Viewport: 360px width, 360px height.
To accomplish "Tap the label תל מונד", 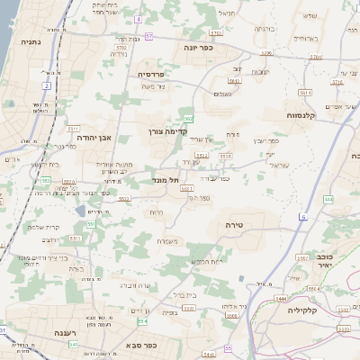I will (x=165, y=180).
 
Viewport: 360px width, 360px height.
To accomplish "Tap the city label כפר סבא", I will (x=142, y=344).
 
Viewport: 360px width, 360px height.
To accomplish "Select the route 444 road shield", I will (x=328, y=199).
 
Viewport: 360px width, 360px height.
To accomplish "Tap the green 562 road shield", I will (x=188, y=119).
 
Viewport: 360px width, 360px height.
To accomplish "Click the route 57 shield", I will (x=149, y=36).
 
